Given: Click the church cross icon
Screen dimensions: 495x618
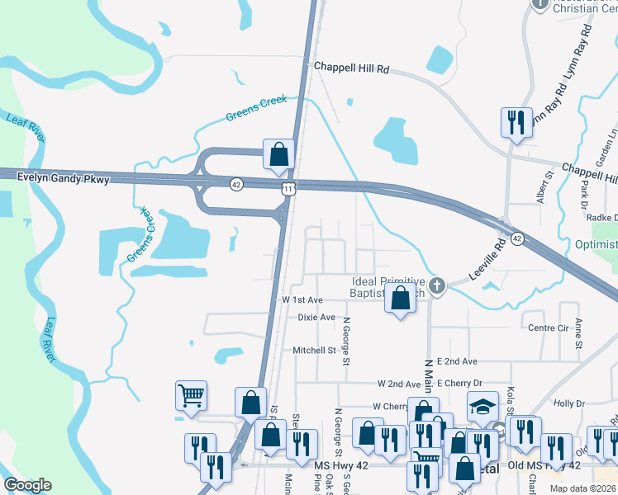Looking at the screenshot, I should [x=438, y=286].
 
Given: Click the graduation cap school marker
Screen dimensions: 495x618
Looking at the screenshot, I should [x=483, y=406].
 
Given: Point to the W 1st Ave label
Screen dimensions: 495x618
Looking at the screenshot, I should [x=302, y=300].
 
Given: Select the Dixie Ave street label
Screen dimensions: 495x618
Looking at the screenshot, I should [x=316, y=317].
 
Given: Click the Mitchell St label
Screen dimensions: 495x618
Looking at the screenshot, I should [x=314, y=350].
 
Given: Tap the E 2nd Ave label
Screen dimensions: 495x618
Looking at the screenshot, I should [x=458, y=361].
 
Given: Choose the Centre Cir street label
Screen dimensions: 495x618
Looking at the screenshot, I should [x=545, y=328].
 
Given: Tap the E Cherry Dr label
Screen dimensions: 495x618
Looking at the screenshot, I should [x=461, y=384].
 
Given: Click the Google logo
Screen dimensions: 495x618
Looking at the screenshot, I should [x=27, y=485].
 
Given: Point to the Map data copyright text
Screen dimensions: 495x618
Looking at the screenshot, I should [x=582, y=488].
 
